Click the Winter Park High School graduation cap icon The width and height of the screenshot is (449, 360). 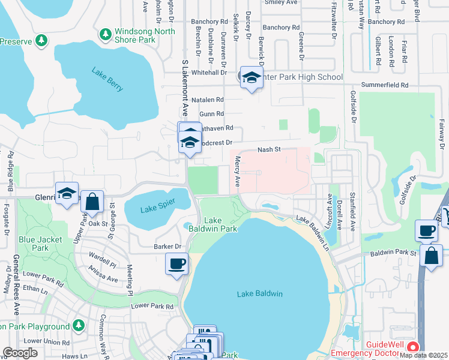coord(252,77)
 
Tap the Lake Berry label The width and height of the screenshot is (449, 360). coord(107,79)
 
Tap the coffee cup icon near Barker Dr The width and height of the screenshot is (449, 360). coord(177,263)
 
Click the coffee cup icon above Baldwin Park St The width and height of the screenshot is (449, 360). coord(427,230)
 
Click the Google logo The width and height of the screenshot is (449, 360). coord(20,353)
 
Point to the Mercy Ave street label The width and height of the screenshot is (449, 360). coord(238,170)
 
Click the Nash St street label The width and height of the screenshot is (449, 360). coord(269,150)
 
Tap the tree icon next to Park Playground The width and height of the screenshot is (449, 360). coord(79,325)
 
